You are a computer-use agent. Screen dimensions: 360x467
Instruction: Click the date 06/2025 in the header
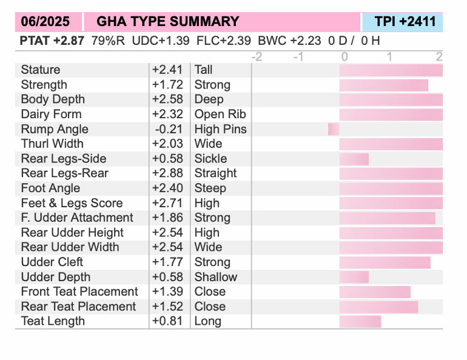(x=45, y=22)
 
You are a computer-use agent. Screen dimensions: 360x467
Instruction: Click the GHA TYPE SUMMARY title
(x=168, y=22)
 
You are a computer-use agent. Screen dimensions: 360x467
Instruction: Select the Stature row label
(x=41, y=70)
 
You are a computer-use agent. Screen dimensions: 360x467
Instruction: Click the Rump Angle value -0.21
(x=168, y=129)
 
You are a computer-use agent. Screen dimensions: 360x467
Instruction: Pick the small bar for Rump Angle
(x=334, y=129)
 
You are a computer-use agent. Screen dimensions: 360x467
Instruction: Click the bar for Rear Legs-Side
(x=354, y=159)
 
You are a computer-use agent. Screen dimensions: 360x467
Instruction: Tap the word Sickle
(x=210, y=159)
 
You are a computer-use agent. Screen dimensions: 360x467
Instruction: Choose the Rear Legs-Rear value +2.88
(x=168, y=173)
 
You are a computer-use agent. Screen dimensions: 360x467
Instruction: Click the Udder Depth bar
(x=354, y=277)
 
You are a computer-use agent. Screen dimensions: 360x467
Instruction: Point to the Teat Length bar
(x=360, y=321)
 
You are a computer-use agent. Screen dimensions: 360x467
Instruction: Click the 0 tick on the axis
(x=344, y=57)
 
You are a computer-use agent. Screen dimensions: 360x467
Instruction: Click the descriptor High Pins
(x=220, y=129)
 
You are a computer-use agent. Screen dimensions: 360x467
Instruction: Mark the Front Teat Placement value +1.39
(x=168, y=292)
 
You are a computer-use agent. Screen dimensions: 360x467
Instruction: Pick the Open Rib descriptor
(x=220, y=114)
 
